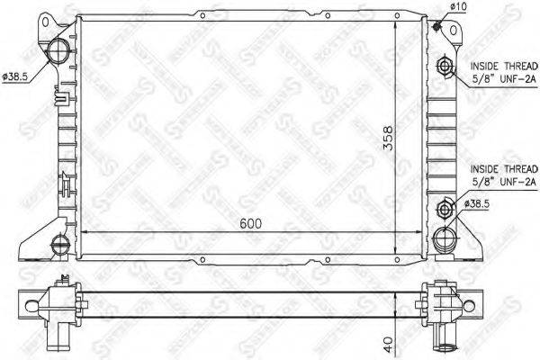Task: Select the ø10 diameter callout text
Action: pos(458,7)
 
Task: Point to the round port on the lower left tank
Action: pos(60,241)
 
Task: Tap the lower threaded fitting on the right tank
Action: pos(444,211)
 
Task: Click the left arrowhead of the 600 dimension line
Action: pos(86,232)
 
